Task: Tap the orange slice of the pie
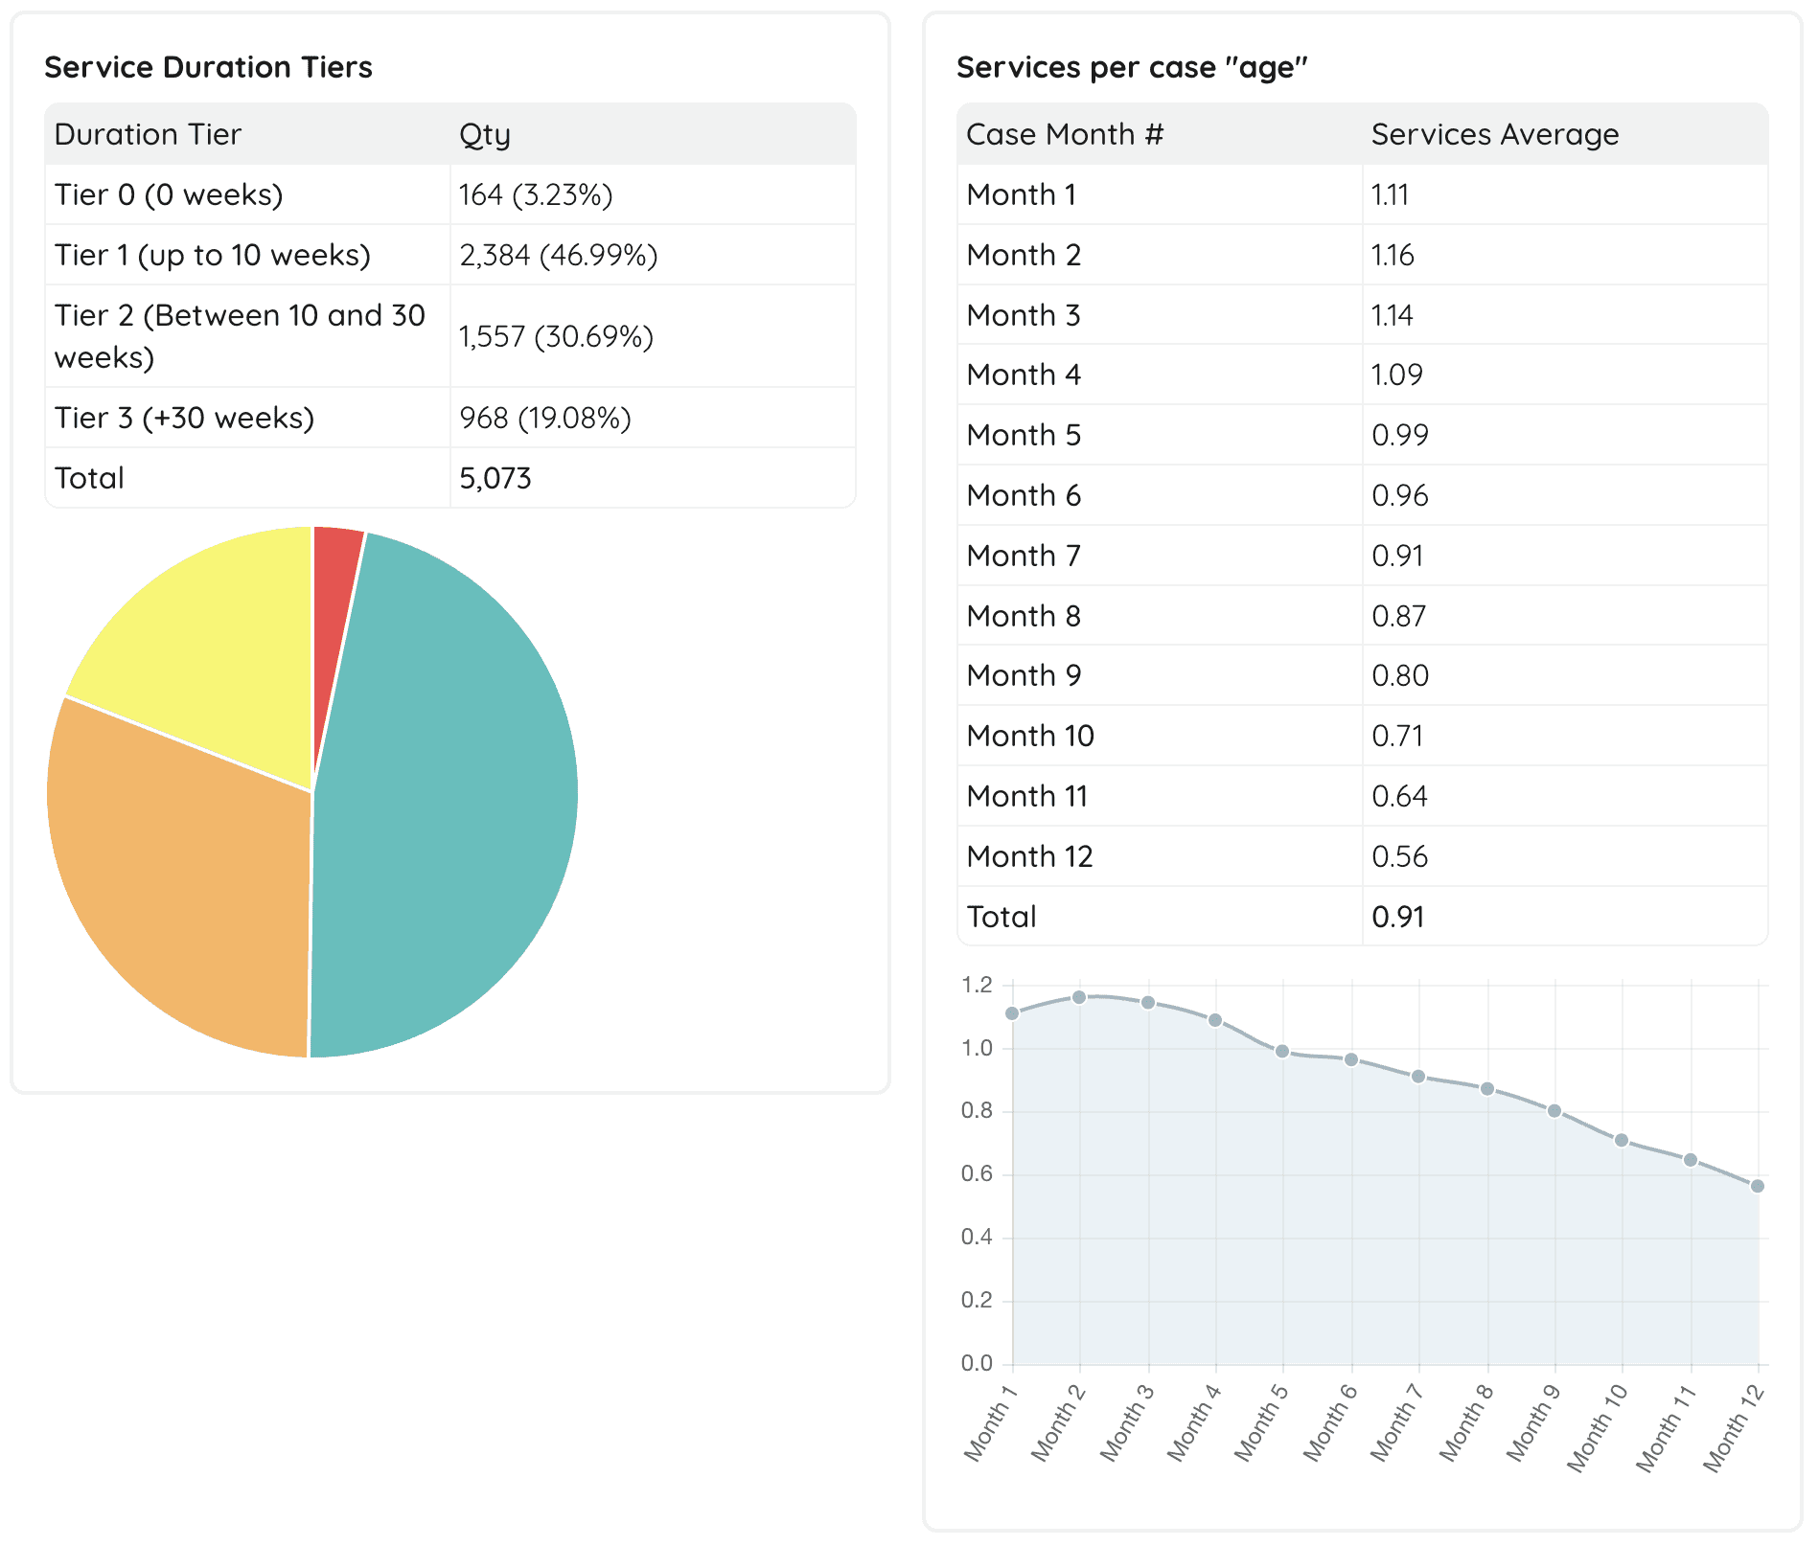(182, 891)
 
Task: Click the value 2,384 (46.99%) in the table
(558, 256)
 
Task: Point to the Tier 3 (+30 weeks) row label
(184, 419)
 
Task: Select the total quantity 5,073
(495, 479)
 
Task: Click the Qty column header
(484, 135)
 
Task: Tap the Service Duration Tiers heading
(208, 68)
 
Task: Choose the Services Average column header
(1494, 135)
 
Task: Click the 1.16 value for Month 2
(1393, 256)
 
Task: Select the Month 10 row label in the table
(1030, 737)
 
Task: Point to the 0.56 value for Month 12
(1399, 857)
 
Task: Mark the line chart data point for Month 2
(1079, 998)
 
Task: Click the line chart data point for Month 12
(1758, 1187)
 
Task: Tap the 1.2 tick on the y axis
(978, 986)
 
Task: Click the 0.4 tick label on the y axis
(978, 1238)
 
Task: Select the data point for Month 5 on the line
(1282, 1052)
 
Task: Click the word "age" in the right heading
(1267, 68)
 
